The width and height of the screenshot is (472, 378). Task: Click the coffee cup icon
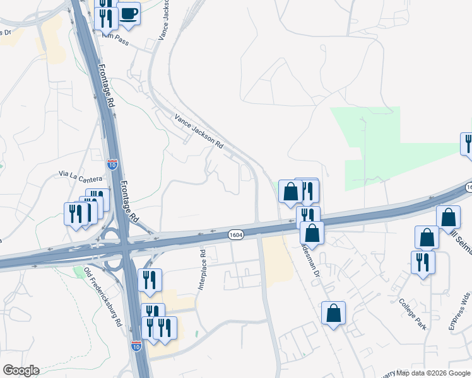[129, 14]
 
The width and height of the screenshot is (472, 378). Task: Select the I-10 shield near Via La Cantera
[112, 165]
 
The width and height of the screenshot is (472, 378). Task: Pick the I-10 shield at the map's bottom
[136, 345]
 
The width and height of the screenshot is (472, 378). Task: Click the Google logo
[21, 370]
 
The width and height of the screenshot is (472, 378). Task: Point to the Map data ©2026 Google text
[434, 373]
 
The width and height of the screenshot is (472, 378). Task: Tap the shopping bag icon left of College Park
[333, 312]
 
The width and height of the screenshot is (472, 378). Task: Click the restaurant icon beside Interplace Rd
[150, 280]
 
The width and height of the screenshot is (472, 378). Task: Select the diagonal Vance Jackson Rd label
[199, 130]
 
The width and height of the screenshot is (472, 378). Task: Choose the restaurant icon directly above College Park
[423, 261]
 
